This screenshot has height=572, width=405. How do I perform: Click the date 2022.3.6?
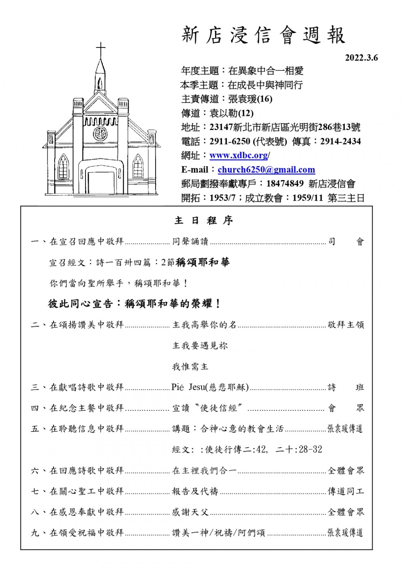[361, 58]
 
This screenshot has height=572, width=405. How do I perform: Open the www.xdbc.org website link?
[239, 155]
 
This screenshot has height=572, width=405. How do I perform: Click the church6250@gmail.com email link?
[266, 170]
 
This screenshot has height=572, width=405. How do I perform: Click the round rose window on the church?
[100, 133]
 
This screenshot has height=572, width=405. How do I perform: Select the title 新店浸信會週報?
[263, 35]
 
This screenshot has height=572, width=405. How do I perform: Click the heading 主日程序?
[203, 220]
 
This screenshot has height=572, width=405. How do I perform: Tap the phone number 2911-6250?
[230, 141]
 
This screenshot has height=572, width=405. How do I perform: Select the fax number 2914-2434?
[340, 141]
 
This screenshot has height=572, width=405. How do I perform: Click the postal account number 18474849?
[285, 184]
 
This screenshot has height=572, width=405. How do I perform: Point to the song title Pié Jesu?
[188, 387]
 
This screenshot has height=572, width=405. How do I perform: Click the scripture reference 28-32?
[311, 449]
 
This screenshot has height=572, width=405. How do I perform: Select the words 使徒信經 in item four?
[219, 408]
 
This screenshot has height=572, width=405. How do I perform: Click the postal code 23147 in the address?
[221, 127]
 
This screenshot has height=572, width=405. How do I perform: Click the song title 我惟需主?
[190, 367]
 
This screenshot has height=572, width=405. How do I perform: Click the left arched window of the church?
[63, 167]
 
